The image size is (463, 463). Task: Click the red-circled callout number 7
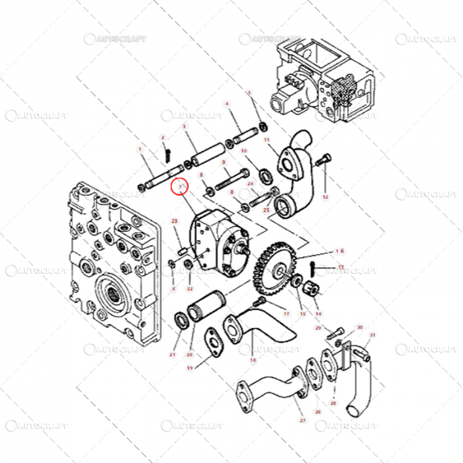coord(179,188)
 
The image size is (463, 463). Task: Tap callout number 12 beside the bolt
coord(325,197)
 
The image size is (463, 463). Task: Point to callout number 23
coord(175,220)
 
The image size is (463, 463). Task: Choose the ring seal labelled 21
coord(179,322)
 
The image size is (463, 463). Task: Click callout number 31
coord(372,335)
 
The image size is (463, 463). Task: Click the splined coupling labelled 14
coord(308,288)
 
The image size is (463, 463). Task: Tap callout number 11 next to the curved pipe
coord(267,140)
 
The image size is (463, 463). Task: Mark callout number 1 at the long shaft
coord(140,150)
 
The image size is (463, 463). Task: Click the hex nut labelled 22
coord(189,267)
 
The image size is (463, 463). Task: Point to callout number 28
coord(333,403)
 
